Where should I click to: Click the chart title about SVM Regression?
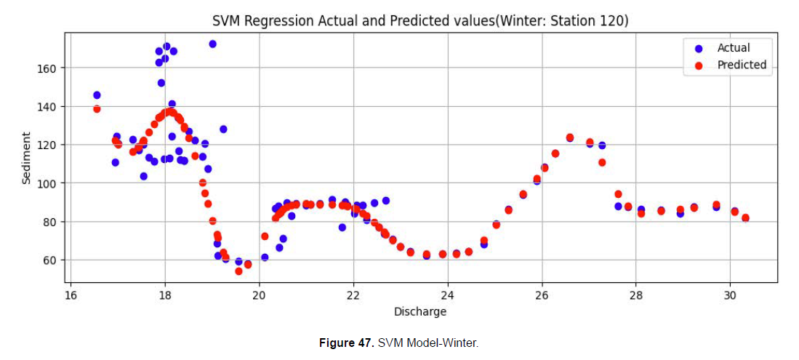point(420,22)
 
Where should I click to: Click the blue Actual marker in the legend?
point(699,48)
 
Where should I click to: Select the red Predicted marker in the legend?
point(699,65)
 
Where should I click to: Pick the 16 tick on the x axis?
point(71,295)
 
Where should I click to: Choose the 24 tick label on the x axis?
point(447,295)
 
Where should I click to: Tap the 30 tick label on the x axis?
point(730,295)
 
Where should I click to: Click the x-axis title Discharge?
point(420,312)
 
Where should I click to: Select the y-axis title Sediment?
point(27,158)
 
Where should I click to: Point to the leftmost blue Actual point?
point(97,95)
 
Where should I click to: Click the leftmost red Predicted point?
point(97,109)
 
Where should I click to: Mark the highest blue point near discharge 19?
point(212,44)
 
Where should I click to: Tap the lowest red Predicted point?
point(238,271)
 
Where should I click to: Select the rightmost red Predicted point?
point(745,218)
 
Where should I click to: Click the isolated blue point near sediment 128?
point(223,129)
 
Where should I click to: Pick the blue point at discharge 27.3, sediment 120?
point(602,145)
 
